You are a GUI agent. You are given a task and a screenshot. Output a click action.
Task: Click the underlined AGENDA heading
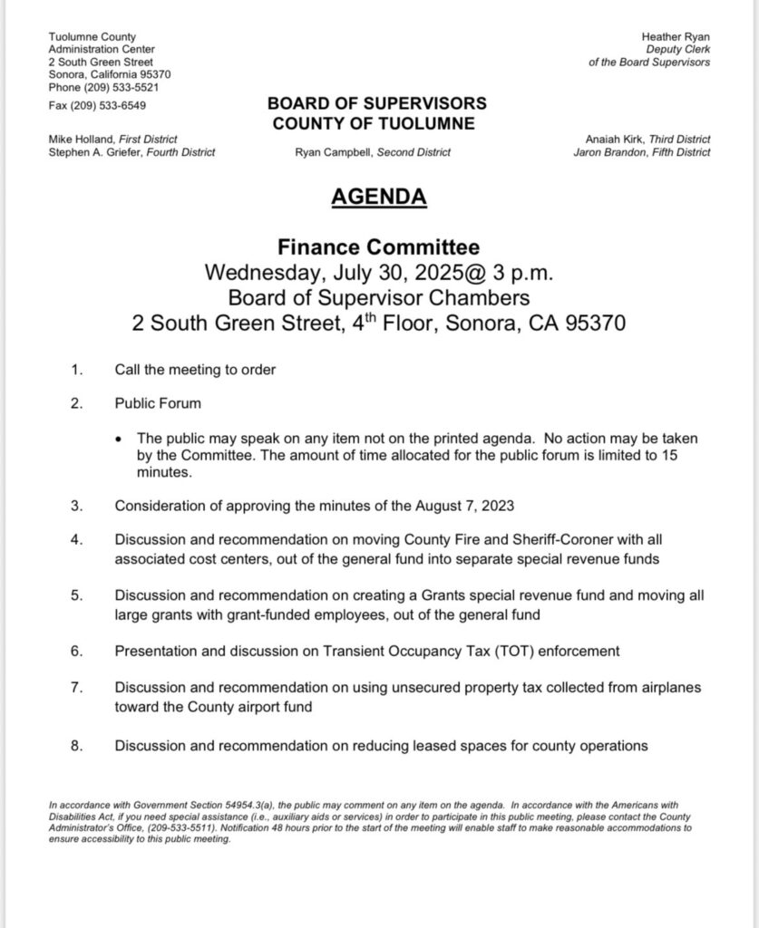(x=378, y=197)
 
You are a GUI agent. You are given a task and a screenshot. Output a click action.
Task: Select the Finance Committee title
(x=378, y=246)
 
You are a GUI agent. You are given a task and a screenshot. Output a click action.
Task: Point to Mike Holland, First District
(x=112, y=140)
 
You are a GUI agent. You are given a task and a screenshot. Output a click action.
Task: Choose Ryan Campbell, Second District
(x=373, y=153)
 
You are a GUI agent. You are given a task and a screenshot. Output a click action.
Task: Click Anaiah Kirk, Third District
(x=648, y=140)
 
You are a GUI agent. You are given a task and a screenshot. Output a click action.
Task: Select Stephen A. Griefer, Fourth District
(x=131, y=153)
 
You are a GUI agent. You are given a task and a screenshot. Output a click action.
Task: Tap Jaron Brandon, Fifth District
(x=642, y=153)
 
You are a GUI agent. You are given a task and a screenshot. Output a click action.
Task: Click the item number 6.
(x=76, y=651)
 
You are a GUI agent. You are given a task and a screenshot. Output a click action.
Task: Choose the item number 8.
(x=76, y=746)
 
